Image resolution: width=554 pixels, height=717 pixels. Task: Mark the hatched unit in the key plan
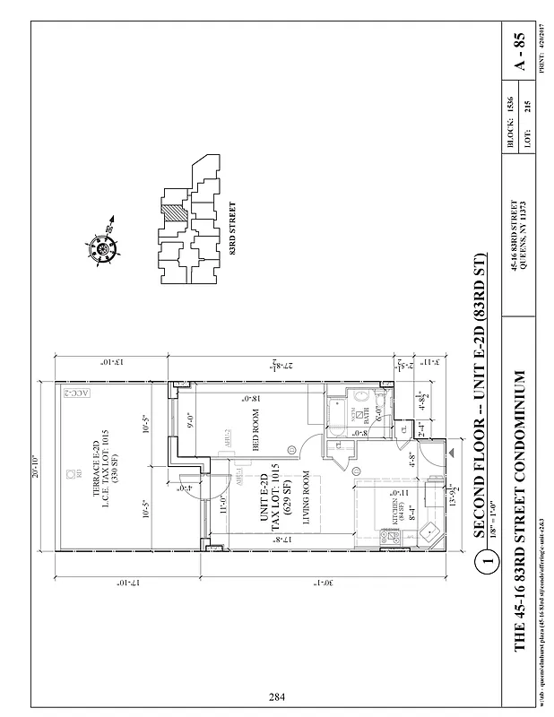pyautogui.click(x=171, y=212)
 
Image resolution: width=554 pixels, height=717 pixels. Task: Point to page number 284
pyautogui.click(x=277, y=695)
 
